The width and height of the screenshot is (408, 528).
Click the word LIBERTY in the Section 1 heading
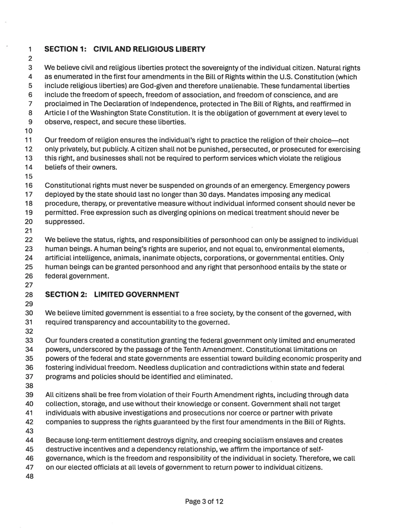(190, 49)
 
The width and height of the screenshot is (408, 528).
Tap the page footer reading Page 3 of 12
(204, 501)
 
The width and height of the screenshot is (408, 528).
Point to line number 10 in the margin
(29, 131)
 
